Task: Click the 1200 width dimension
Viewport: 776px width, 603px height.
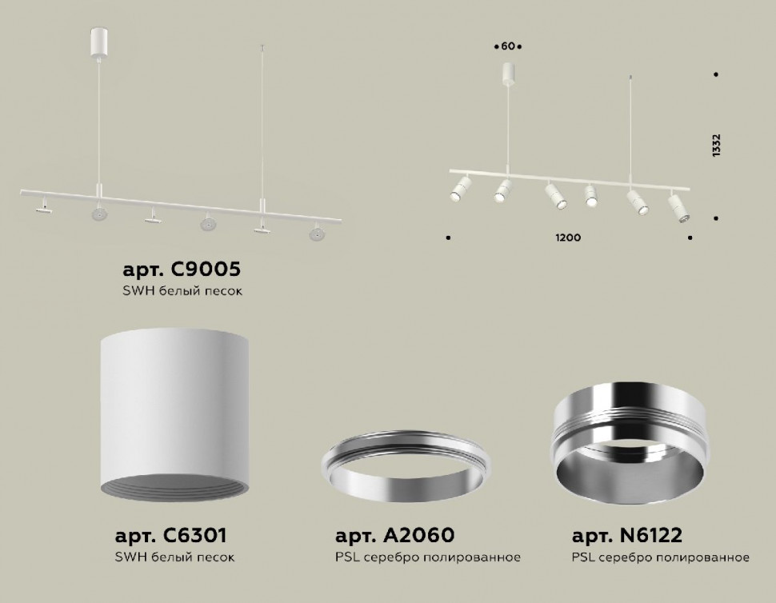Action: click(x=569, y=238)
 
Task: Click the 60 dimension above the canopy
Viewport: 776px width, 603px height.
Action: click(x=508, y=46)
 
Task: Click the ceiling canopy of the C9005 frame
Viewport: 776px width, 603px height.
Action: click(x=98, y=43)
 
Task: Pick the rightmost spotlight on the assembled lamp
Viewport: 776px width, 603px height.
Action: click(x=678, y=206)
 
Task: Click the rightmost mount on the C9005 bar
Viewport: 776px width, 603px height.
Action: click(x=317, y=233)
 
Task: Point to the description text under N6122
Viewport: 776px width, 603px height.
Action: click(x=660, y=557)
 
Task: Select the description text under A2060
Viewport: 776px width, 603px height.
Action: click(x=427, y=557)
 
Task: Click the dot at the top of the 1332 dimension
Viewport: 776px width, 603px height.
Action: click(x=715, y=75)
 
